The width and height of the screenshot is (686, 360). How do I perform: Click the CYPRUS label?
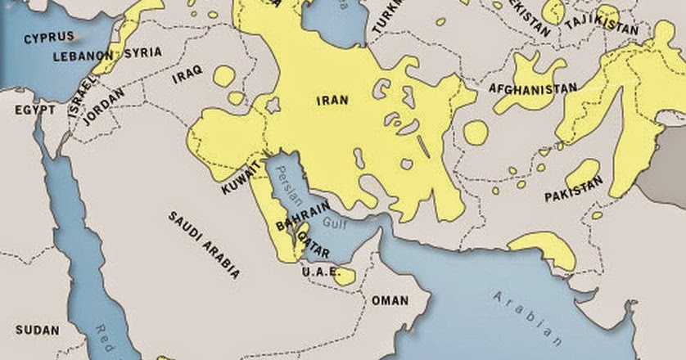[x=48, y=38]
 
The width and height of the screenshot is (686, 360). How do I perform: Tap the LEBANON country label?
[x=82, y=56]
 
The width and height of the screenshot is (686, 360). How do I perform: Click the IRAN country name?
[x=332, y=101]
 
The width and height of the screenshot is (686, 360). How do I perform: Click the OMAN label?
[x=390, y=300]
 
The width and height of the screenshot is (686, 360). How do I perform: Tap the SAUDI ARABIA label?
[x=205, y=243]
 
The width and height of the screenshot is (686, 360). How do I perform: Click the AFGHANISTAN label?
[x=532, y=87]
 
